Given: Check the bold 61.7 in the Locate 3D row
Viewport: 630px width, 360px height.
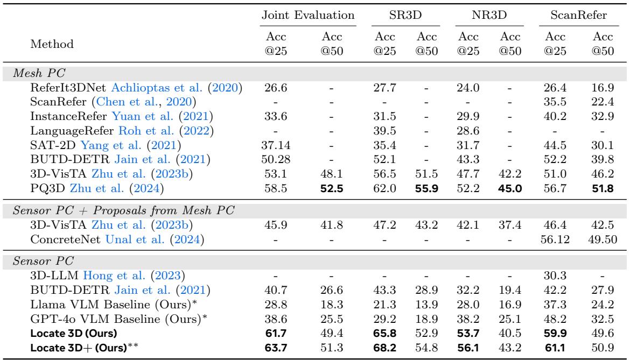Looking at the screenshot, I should pyautogui.click(x=279, y=331).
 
